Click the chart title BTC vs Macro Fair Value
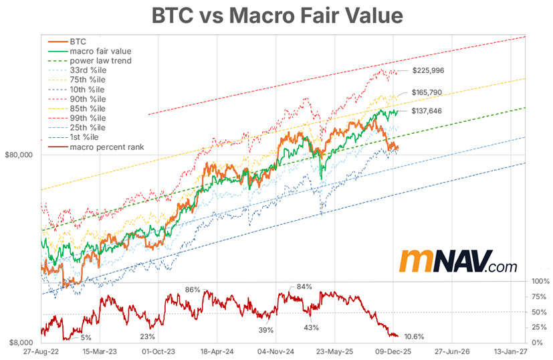pyautogui.click(x=276, y=15)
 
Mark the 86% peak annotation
pyautogui.click(x=193, y=290)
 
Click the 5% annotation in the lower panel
pyautogui.click(x=87, y=337)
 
